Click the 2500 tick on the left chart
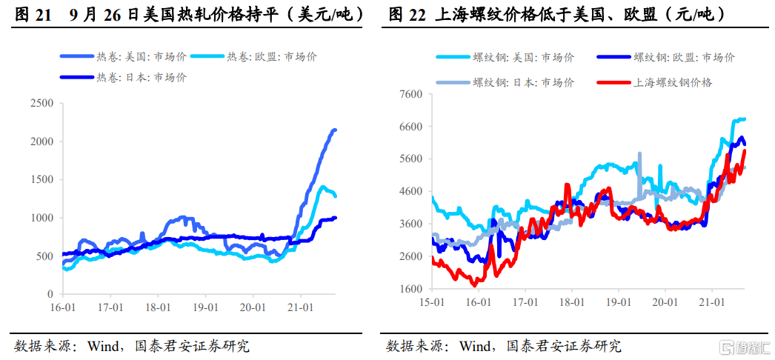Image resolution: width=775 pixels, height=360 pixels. (42, 103)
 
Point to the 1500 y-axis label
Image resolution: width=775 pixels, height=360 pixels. (42, 179)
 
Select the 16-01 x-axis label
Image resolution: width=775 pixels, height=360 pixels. (63, 306)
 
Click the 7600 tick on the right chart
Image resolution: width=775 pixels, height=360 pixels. (410, 94)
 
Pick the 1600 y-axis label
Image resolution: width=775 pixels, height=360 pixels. (410, 289)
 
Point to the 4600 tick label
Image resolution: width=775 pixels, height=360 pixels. (410, 191)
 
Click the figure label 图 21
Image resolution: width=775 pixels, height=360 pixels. (33, 14)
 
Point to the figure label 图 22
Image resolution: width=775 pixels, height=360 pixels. (405, 14)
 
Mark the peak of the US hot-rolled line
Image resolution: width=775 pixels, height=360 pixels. (334, 130)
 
